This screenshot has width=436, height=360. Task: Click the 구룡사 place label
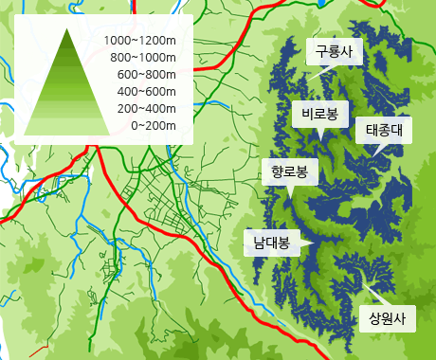[335, 52]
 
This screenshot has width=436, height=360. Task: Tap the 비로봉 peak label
[319, 114]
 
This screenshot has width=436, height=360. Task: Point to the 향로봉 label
[289, 171]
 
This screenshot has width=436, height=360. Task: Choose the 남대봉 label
[270, 242]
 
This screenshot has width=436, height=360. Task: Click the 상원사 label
[387, 317]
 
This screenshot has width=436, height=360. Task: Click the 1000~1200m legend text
[140, 41]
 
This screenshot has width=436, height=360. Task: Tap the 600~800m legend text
[146, 75]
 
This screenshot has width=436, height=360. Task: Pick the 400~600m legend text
[146, 91]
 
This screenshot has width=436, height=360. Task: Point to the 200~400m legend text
[146, 108]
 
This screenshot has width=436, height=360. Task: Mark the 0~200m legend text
[153, 125]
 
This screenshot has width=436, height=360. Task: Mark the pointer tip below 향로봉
[289, 193]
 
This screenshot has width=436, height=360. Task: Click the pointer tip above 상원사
[363, 281]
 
